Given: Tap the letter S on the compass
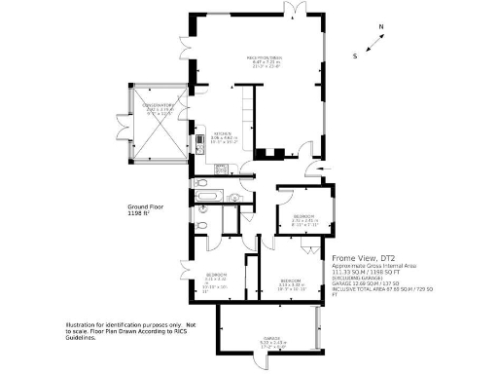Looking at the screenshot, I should pos(355,56).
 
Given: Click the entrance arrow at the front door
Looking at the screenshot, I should pos(311,172).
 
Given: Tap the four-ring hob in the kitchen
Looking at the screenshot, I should pos(221,168).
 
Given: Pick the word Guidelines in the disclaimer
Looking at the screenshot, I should pos(85,337).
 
